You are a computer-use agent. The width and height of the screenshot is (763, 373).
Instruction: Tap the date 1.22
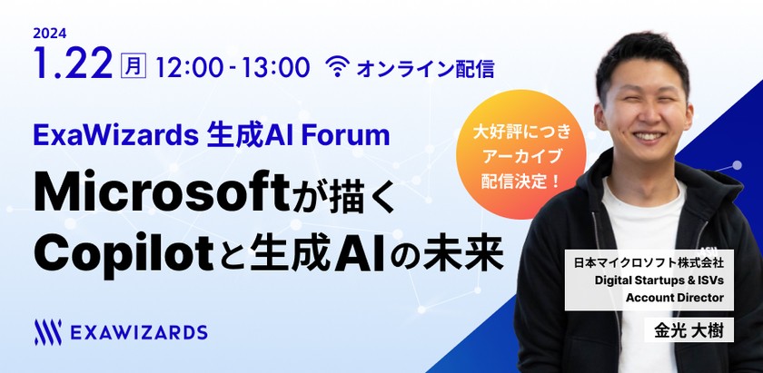coord(72,65)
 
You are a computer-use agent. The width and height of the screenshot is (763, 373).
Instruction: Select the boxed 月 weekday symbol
coord(133,66)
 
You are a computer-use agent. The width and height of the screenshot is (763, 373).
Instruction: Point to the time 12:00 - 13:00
coord(233,67)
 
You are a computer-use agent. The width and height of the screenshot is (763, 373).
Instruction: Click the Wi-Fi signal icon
coord(339,66)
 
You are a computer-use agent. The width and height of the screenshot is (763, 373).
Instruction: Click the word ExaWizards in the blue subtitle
coord(106,136)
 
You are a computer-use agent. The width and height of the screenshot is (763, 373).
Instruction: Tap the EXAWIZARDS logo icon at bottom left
coord(46,331)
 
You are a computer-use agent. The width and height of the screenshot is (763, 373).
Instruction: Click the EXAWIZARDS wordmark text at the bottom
coord(138,332)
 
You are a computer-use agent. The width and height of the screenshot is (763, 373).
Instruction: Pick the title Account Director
coord(672,297)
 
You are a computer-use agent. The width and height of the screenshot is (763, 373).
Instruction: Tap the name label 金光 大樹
coord(689,330)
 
